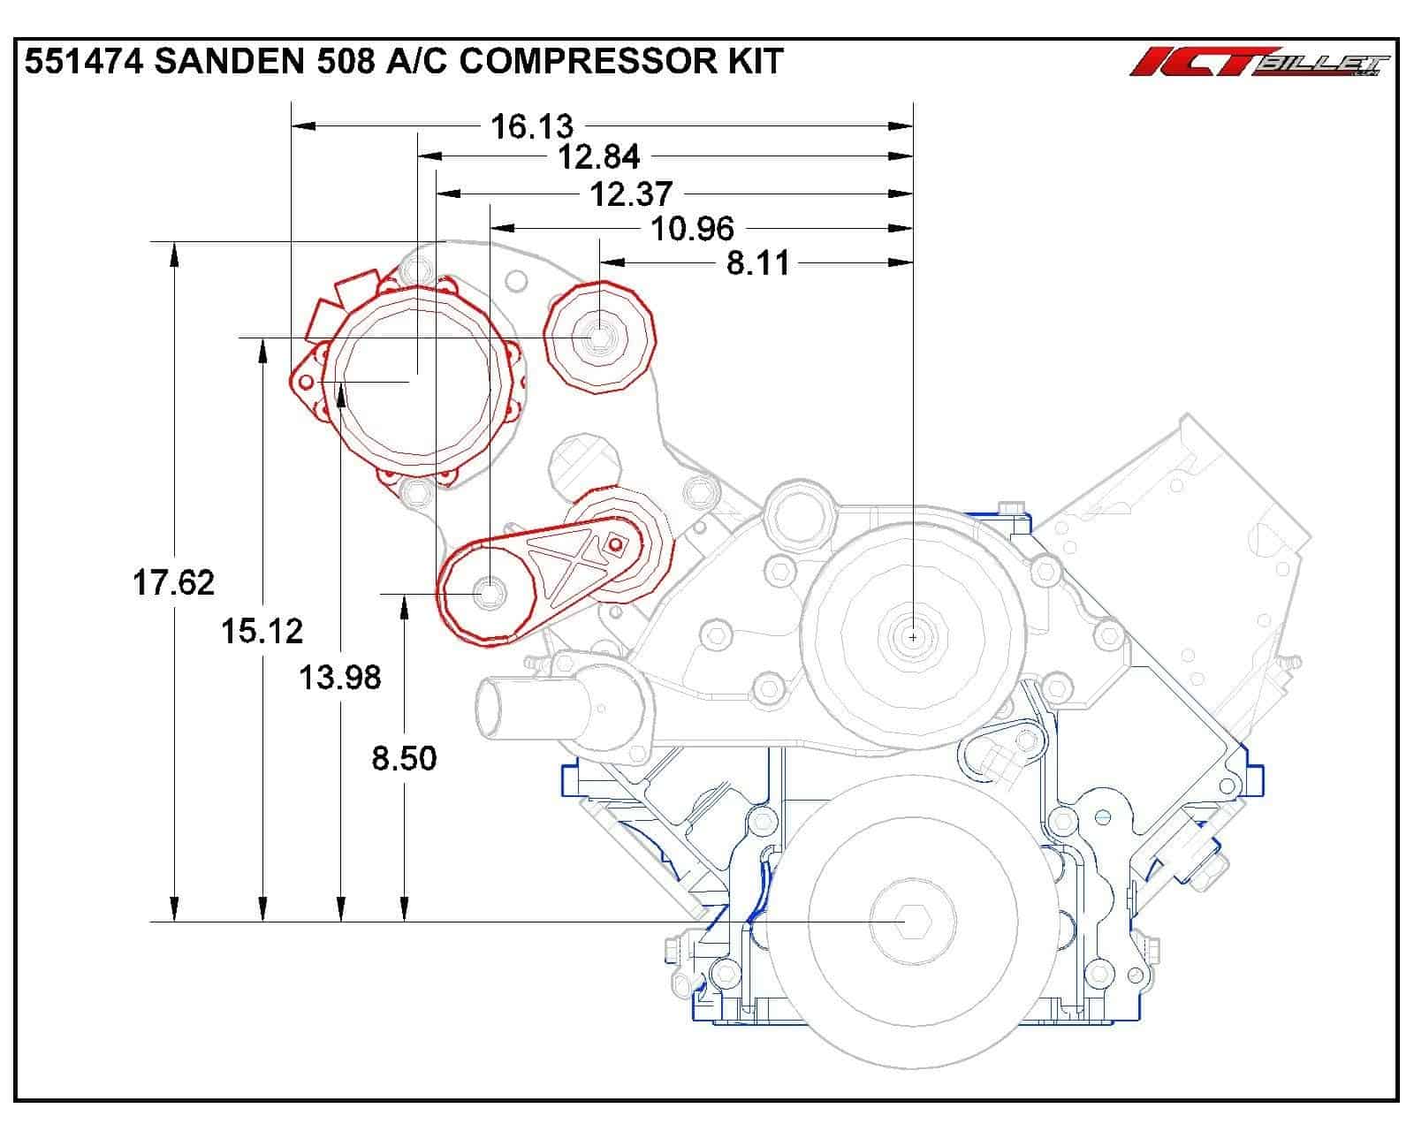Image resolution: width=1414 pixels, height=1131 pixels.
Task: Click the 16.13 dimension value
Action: point(531,126)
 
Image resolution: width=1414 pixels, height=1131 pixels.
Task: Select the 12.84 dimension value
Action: point(599,157)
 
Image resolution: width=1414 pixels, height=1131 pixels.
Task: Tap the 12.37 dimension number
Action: point(631,194)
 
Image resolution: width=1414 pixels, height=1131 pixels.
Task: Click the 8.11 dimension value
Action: point(757,262)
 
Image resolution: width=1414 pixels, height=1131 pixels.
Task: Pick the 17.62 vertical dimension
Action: point(173,582)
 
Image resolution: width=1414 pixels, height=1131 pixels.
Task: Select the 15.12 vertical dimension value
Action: point(262,631)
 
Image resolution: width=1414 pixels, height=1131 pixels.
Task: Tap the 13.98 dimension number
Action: point(339,678)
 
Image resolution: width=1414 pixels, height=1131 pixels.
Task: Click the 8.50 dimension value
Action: point(404,758)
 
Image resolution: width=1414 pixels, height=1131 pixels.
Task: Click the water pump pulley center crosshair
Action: point(913,635)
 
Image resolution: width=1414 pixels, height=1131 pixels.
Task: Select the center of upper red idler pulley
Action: point(599,337)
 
